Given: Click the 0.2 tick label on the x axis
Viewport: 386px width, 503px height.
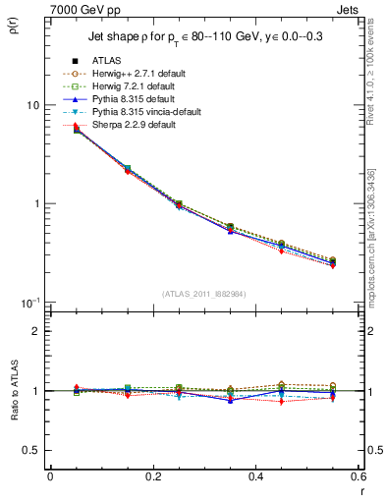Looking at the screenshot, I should click(152, 477).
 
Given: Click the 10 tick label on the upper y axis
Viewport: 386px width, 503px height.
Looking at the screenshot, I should click(32, 105).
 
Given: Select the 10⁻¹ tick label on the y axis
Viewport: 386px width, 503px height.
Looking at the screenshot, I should click(30, 301).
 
